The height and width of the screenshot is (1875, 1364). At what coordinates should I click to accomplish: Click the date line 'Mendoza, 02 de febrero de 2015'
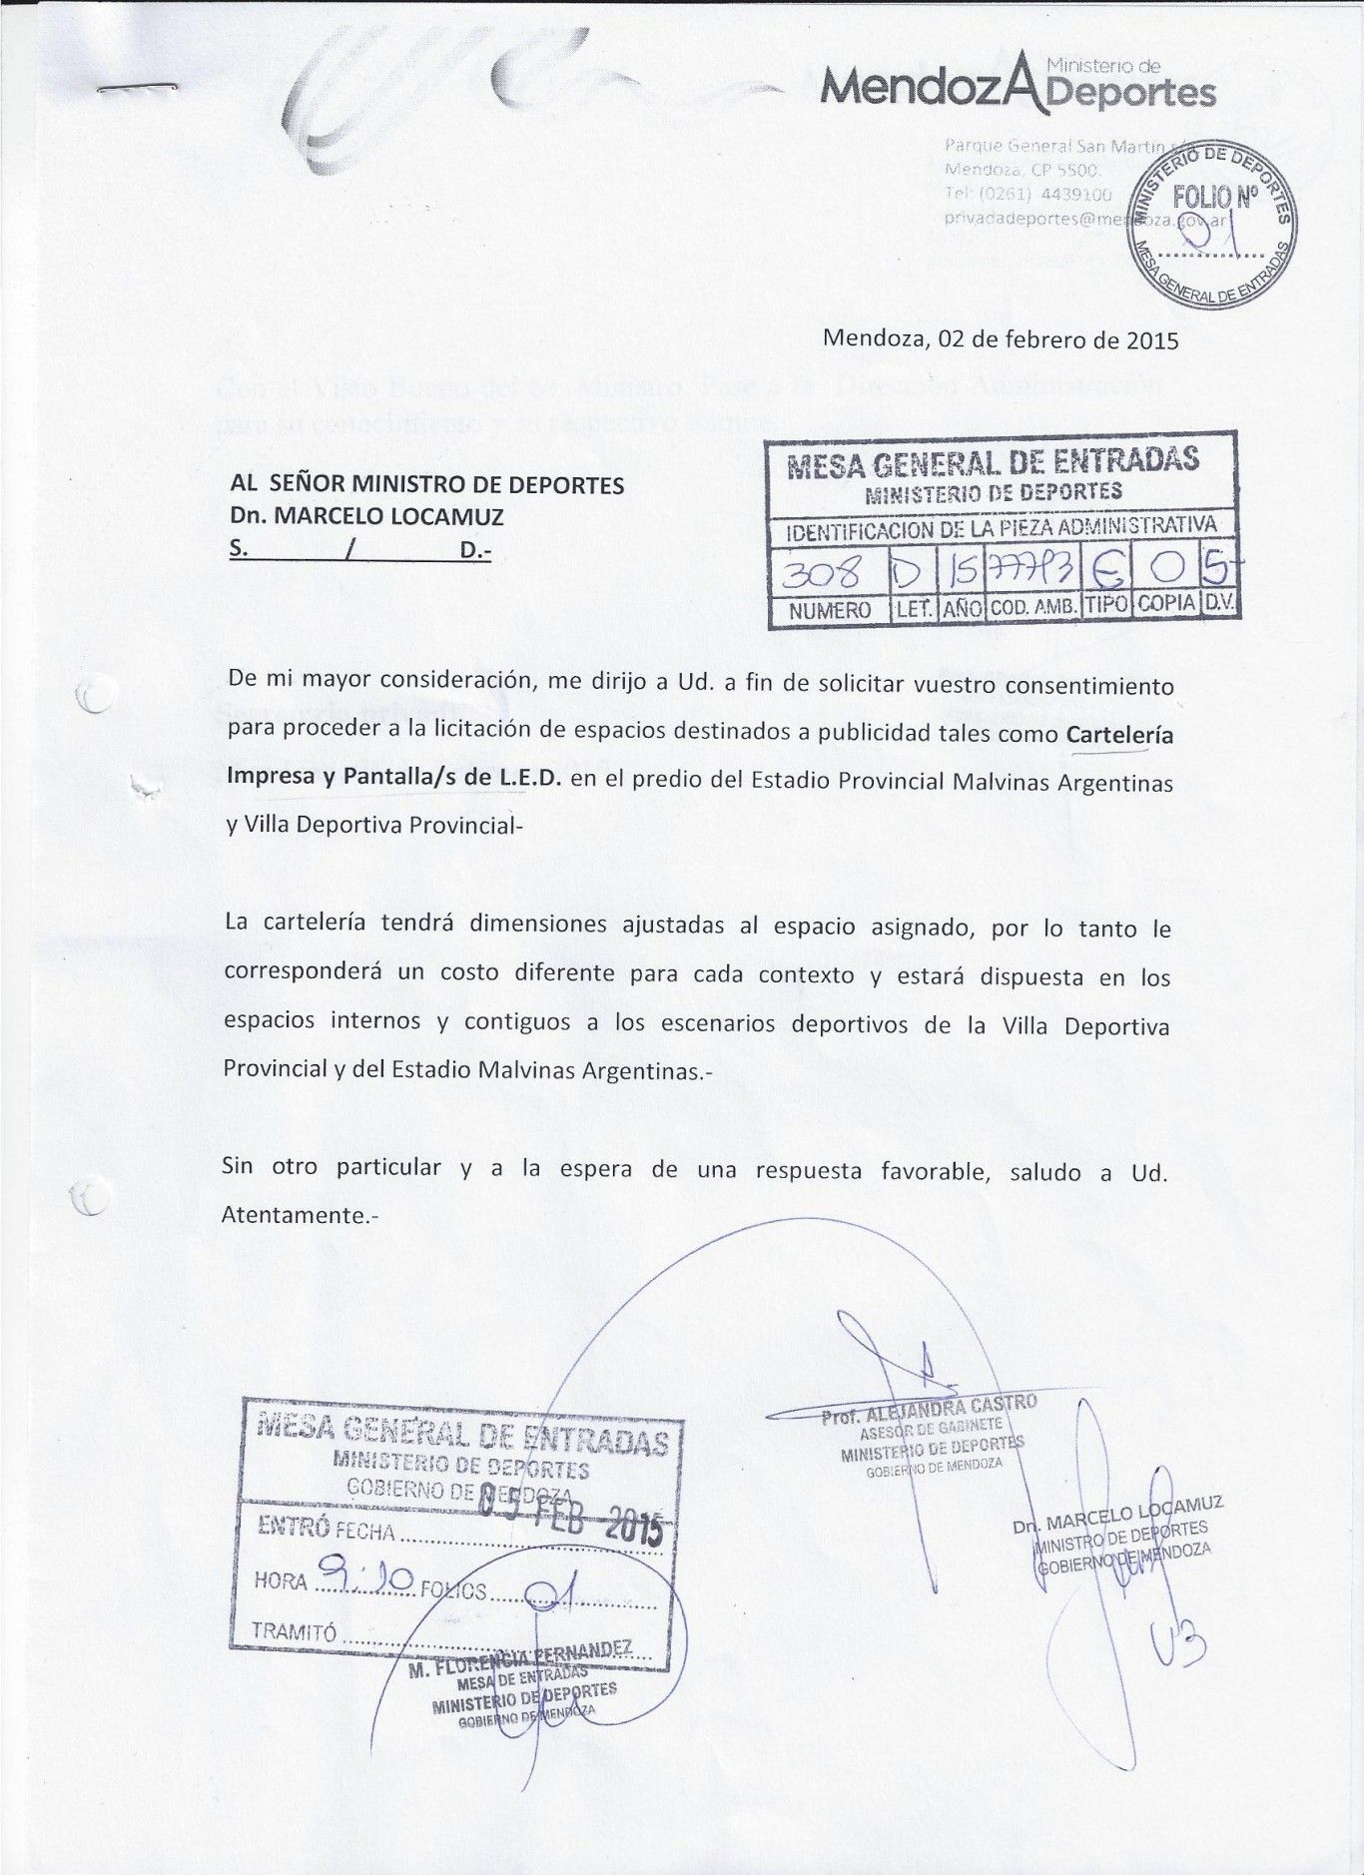click(1000, 339)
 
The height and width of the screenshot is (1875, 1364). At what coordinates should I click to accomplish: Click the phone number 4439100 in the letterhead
click(1075, 194)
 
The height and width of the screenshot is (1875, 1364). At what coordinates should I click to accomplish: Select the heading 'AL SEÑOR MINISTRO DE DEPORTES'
click(427, 485)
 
